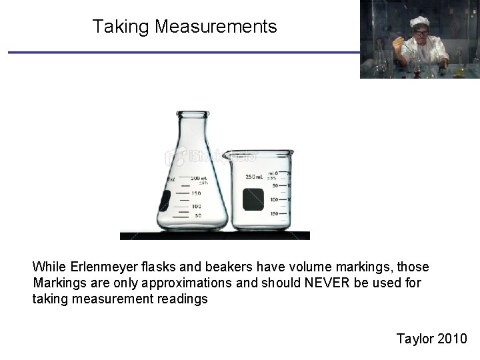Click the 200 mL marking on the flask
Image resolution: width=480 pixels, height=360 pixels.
tap(199, 178)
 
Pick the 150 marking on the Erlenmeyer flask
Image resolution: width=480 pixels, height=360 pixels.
tap(197, 193)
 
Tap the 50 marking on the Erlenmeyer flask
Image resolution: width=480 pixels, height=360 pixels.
tap(198, 216)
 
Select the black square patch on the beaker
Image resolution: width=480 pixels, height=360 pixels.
tap(253, 199)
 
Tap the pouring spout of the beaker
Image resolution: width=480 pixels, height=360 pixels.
tap(227, 155)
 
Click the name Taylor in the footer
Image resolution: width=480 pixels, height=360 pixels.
tap(415, 339)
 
